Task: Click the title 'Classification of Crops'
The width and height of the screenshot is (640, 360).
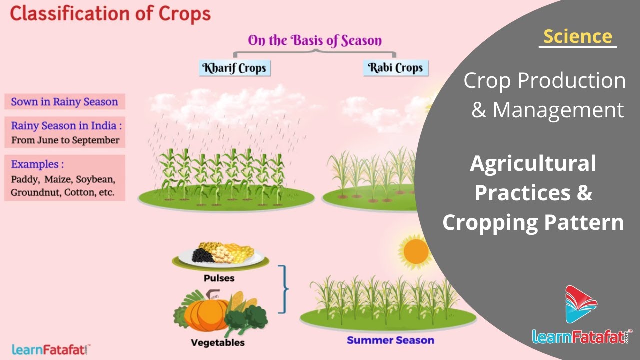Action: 110,14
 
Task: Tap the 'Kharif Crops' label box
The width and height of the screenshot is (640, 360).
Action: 235,68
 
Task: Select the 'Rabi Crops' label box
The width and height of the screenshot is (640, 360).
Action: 395,68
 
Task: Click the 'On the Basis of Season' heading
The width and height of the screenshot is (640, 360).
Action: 315,40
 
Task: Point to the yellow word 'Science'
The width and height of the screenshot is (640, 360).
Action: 577,36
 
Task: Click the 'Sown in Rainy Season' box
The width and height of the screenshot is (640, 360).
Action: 65,101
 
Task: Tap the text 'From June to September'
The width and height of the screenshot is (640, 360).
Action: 65,140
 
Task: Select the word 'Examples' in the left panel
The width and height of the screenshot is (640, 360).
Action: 35,164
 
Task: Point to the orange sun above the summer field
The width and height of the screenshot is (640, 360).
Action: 416,251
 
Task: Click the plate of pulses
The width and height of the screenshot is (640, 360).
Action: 220,255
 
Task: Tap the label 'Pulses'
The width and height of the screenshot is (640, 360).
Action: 219,278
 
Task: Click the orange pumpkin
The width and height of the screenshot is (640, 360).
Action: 206,314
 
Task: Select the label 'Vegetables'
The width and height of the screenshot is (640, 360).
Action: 217,343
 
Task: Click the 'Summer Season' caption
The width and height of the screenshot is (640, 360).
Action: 390,340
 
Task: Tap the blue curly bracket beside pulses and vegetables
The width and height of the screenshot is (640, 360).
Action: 283,289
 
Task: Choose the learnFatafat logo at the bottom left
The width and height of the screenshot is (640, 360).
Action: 51,350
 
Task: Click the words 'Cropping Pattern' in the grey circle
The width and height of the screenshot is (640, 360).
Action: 533,222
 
